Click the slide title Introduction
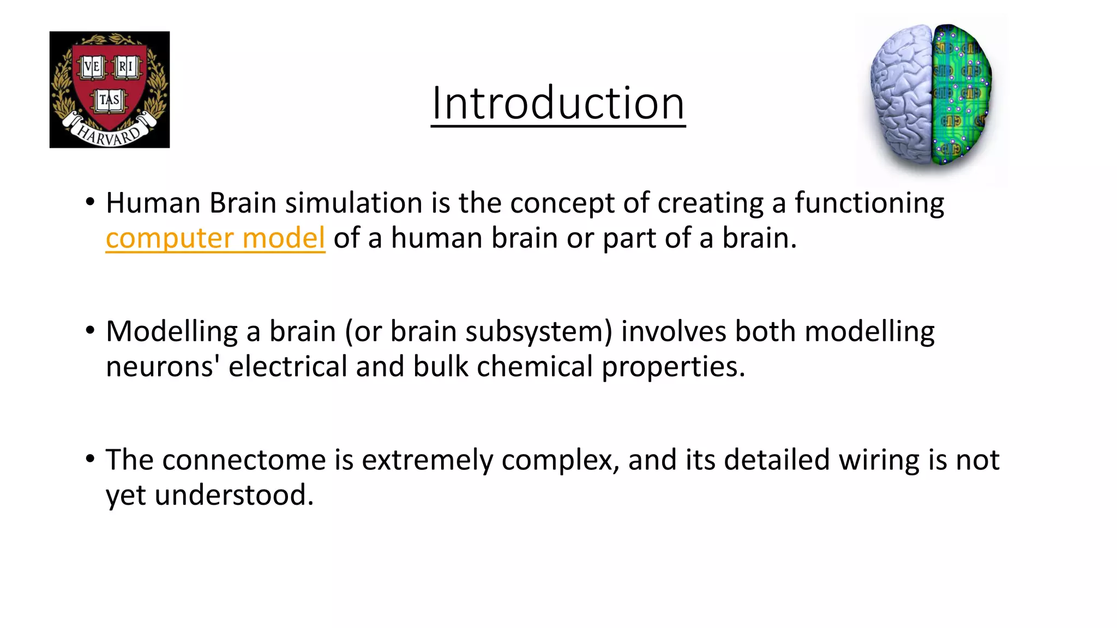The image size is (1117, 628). [557, 104]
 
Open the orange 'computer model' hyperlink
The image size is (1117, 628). [215, 238]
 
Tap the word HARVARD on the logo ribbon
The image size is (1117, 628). [109, 134]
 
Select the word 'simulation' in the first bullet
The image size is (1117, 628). [354, 203]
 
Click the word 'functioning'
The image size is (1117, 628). [869, 203]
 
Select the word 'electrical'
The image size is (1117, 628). [287, 366]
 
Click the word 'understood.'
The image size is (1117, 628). [234, 495]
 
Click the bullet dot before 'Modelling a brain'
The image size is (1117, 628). [91, 330]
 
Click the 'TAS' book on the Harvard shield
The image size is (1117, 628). [110, 100]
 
